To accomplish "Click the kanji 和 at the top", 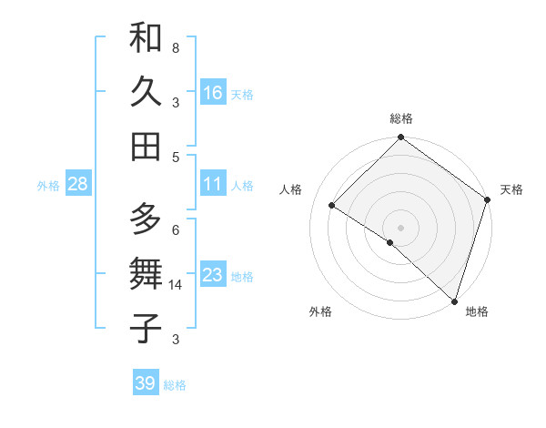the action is click(x=146, y=38).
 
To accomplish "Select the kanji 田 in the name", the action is click(x=146, y=146).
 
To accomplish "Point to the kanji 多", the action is click(x=146, y=219).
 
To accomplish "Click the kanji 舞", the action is click(x=146, y=274).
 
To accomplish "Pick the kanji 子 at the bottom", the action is click(x=146, y=328).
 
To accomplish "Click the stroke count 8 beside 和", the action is click(x=176, y=47).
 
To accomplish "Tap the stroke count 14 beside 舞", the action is click(x=177, y=285).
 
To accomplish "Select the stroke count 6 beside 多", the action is click(x=176, y=229).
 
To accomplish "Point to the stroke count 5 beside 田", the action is click(x=176, y=157).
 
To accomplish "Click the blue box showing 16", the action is click(x=213, y=92).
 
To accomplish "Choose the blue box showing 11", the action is click(x=213, y=184).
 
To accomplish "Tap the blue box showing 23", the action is click(x=213, y=275).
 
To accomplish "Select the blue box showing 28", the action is click(x=77, y=184).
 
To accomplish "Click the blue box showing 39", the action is click(x=146, y=383).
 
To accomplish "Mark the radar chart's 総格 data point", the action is click(x=400, y=138).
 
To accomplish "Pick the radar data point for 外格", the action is click(x=390, y=242).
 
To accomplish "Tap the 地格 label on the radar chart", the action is click(x=477, y=311).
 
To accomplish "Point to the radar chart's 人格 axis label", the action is click(x=291, y=189).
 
